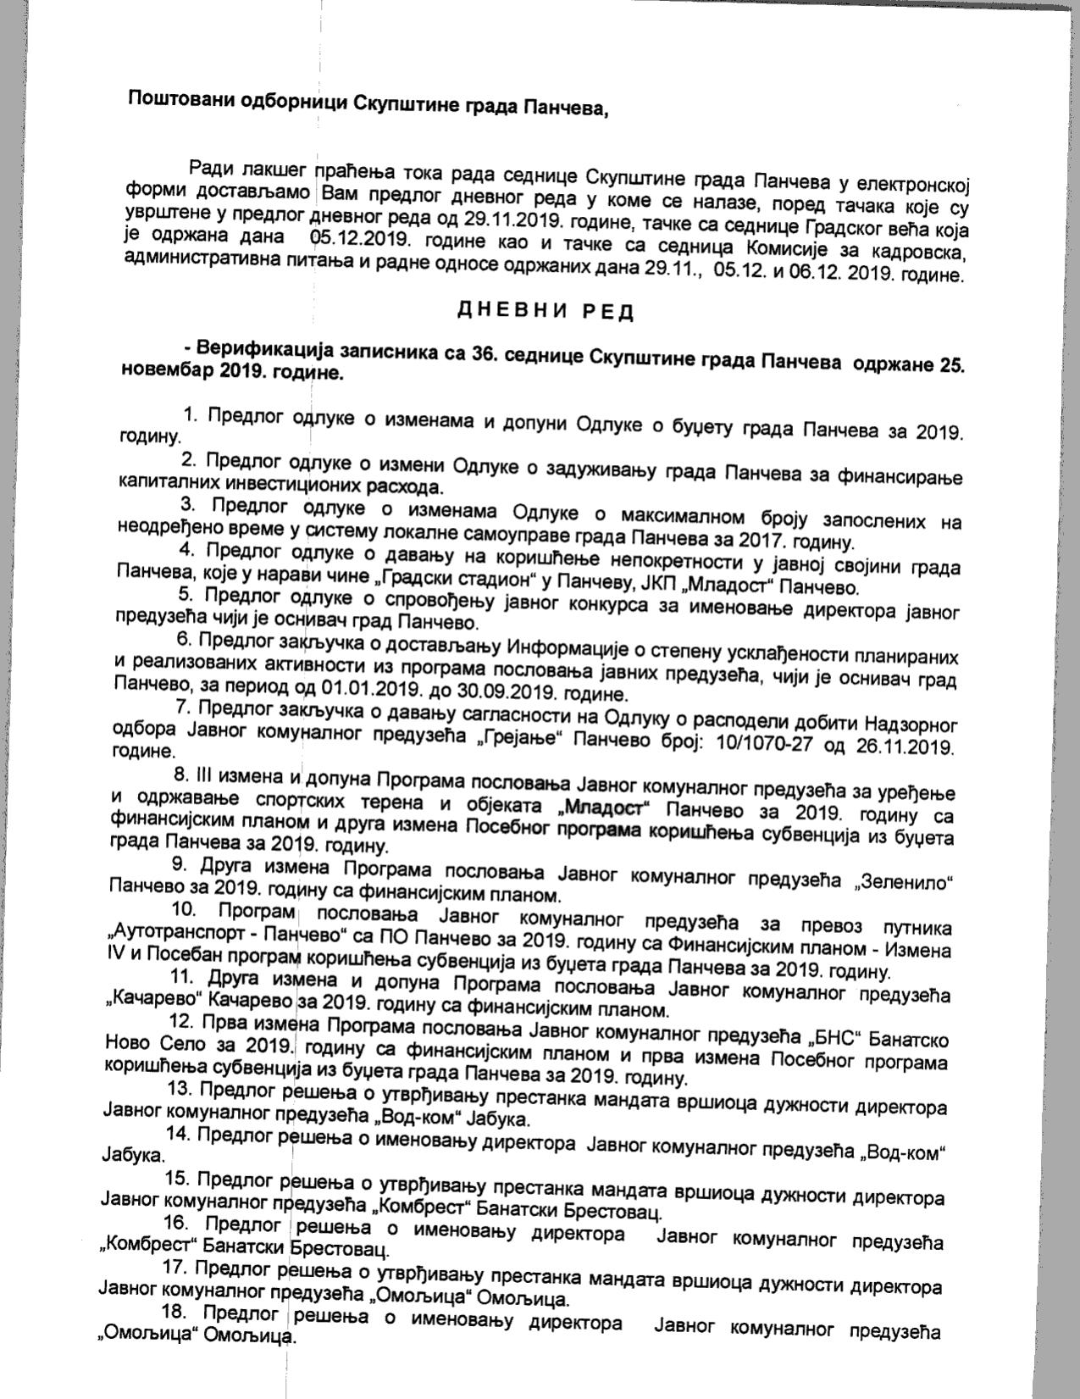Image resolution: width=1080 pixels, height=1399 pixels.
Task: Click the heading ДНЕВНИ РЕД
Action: point(546,311)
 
